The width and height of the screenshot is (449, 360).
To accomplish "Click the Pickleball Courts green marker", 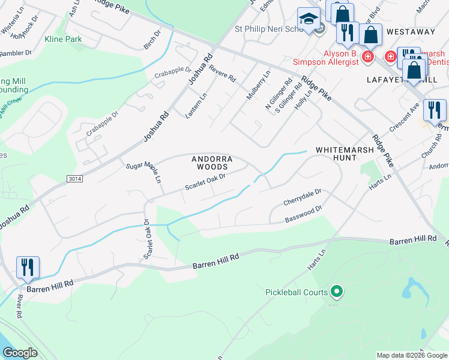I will pyautogui.click(x=337, y=292).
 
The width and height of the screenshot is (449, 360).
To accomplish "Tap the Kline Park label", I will pyautogui.click(x=62, y=39).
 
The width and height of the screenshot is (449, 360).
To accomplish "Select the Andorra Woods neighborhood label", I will pyautogui.click(x=210, y=163).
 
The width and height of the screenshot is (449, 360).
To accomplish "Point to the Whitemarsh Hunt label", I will pyautogui.click(x=336, y=153).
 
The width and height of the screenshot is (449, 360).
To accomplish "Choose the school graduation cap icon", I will pyautogui.click(x=309, y=20).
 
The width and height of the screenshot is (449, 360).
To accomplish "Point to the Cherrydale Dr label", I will pyautogui.click(x=304, y=197).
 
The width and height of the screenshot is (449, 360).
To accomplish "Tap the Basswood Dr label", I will pyautogui.click(x=304, y=215).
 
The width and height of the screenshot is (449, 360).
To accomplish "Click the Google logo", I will pyautogui.click(x=20, y=353).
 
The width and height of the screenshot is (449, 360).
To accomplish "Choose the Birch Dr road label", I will pyautogui.click(x=149, y=41).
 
